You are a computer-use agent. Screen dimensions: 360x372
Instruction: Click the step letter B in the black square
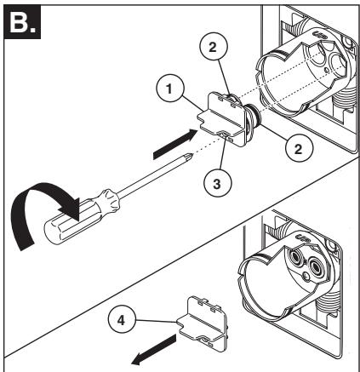click(x=19, y=23)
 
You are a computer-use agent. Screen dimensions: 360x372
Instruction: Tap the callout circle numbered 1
click(x=170, y=89)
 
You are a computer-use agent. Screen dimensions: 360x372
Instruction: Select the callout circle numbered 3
click(x=217, y=183)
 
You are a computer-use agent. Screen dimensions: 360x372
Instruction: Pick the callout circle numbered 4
click(x=122, y=321)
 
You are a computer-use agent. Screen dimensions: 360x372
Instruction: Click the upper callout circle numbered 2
click(x=214, y=48)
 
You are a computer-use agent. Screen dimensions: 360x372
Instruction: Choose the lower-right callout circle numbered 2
click(x=300, y=148)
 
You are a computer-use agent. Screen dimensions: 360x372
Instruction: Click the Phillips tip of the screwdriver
click(x=189, y=156)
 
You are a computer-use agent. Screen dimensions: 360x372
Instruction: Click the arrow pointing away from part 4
click(x=154, y=349)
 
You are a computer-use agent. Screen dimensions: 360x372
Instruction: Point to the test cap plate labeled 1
click(x=221, y=119)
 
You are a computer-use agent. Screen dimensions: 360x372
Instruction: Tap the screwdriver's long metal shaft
click(x=153, y=175)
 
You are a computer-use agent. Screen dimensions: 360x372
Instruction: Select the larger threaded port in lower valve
click(x=316, y=266)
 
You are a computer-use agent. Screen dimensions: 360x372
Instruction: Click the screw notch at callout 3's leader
click(x=224, y=134)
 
